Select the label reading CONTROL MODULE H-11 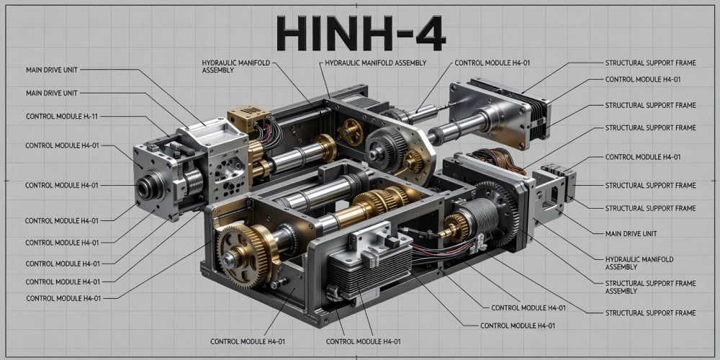[61, 116]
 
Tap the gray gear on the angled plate [381, 148]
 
